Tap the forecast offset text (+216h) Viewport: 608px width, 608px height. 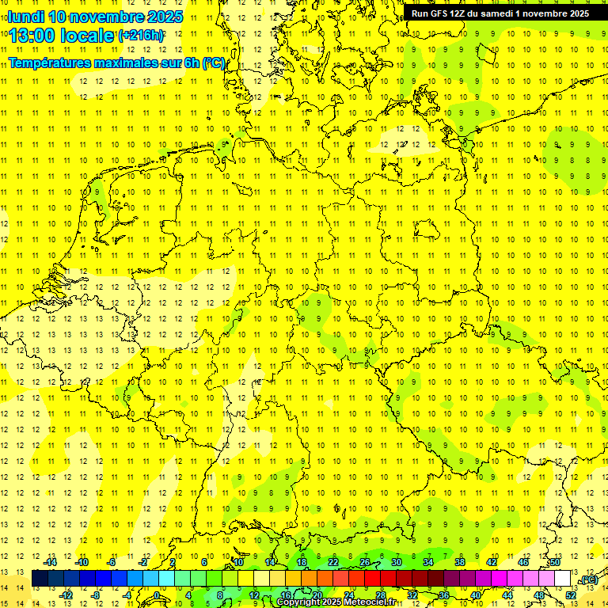(x=141, y=36)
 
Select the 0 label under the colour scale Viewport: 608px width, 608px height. (x=157, y=595)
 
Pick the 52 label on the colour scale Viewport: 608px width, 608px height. (x=570, y=595)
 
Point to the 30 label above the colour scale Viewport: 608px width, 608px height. (x=396, y=562)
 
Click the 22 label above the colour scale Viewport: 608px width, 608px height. (x=332, y=562)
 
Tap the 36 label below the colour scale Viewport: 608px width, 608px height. (x=443, y=595)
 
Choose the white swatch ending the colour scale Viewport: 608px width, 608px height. (x=562, y=579)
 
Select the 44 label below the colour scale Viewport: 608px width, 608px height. (x=507, y=595)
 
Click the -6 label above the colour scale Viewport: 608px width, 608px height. (x=112, y=562)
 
